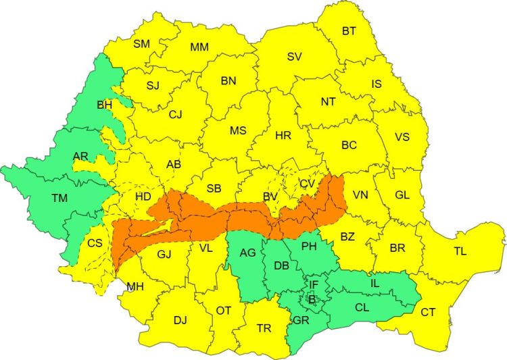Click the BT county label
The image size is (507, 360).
(349, 30)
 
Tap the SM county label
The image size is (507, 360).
(141, 44)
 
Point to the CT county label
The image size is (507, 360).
(428, 312)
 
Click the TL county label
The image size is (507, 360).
(460, 252)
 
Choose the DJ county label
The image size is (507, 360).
(180, 320)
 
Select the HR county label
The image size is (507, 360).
(283, 135)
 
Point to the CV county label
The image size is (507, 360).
(307, 183)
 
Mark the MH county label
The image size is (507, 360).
(135, 286)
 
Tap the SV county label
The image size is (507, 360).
(294, 57)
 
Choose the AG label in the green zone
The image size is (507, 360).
(247, 253)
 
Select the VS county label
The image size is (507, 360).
(402, 136)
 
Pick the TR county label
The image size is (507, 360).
(264, 328)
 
